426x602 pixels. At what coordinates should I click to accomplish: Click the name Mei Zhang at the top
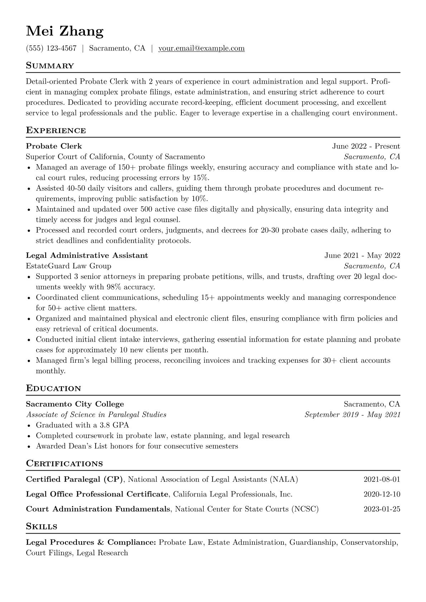click(x=65, y=31)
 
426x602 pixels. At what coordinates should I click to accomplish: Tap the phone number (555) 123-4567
click(x=51, y=48)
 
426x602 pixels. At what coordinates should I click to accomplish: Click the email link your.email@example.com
click(x=202, y=48)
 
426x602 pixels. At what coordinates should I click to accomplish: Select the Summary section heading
click(x=50, y=66)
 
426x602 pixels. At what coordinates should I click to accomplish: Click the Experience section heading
click(x=56, y=131)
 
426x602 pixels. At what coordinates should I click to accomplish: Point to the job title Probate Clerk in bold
click(x=54, y=146)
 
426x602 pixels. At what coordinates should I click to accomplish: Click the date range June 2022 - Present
click(x=366, y=146)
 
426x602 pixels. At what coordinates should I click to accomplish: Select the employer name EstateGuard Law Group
click(x=68, y=266)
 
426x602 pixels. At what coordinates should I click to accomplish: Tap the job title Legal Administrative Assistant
click(x=87, y=255)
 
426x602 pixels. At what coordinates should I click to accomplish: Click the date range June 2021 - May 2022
click(x=362, y=255)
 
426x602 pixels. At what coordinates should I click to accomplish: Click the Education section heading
click(x=54, y=388)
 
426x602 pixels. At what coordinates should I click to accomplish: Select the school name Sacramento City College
click(x=75, y=404)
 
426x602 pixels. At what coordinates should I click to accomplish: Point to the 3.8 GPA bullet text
click(x=82, y=425)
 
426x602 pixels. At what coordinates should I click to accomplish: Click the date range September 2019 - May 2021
click(x=352, y=415)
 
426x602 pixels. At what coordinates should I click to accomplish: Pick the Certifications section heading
click(x=64, y=464)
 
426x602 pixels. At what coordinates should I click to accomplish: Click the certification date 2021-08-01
click(x=382, y=480)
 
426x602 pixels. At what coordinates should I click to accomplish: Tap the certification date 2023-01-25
click(x=382, y=509)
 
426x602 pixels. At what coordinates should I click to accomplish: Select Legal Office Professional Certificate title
click(x=97, y=494)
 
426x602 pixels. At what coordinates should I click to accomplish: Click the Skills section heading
click(x=42, y=527)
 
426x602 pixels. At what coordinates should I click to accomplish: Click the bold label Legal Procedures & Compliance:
click(x=91, y=543)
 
